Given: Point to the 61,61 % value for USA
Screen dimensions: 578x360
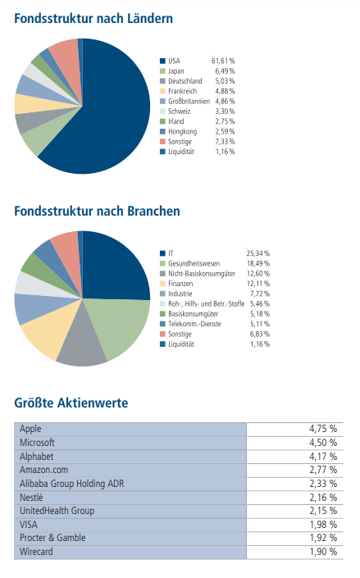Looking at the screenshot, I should (x=223, y=61).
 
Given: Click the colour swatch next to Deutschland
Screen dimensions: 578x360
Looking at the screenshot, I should (x=162, y=81).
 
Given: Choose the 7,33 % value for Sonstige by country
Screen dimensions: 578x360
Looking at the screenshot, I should (x=224, y=141).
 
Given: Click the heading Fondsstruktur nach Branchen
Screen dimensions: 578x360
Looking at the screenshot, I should (x=97, y=211).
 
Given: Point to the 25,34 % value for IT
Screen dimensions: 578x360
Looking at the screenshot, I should (x=258, y=253).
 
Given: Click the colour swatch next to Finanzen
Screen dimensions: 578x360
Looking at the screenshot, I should (x=162, y=283).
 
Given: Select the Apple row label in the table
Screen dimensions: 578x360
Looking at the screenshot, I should (x=30, y=429).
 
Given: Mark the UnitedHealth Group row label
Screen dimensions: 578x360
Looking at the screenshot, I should (x=56, y=511).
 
